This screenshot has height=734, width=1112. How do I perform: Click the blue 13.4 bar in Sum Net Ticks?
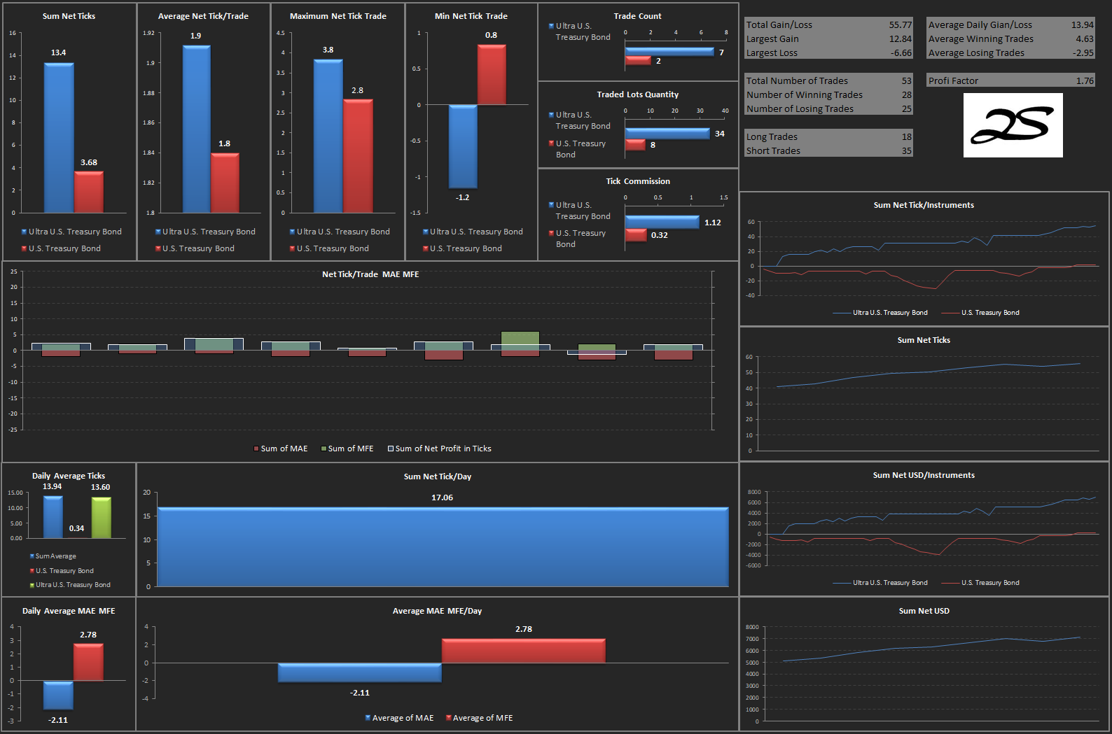tap(59, 138)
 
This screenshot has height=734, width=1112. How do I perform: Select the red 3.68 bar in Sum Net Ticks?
tap(89, 192)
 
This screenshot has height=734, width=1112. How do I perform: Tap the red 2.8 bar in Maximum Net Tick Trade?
tap(358, 156)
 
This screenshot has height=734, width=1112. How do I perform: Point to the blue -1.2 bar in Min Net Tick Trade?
tap(463, 146)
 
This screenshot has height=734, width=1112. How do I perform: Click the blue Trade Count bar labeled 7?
tap(669, 52)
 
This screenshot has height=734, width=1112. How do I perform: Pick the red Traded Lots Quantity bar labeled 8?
tap(635, 145)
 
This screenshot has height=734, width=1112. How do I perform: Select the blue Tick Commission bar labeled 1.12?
tap(662, 223)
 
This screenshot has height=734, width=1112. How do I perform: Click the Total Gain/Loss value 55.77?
tap(900, 24)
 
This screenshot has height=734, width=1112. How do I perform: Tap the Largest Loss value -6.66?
tap(901, 53)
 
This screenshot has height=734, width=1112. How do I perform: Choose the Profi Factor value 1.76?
tap(1085, 81)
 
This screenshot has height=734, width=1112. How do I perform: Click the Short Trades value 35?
tap(907, 150)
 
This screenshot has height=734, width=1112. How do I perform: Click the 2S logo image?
tap(1013, 125)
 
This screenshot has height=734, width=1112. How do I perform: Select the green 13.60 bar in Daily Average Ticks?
tap(102, 518)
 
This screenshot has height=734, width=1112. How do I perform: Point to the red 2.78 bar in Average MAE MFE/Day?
tap(523, 651)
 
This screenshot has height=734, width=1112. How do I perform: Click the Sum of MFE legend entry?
tap(347, 449)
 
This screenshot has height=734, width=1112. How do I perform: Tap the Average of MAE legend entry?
tap(399, 718)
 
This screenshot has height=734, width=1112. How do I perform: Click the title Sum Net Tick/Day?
tap(438, 477)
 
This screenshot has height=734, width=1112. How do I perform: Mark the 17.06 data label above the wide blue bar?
tap(442, 497)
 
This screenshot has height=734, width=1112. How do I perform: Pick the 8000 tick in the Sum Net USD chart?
tap(752, 627)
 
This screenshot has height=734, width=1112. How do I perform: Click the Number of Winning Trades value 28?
tap(907, 94)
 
